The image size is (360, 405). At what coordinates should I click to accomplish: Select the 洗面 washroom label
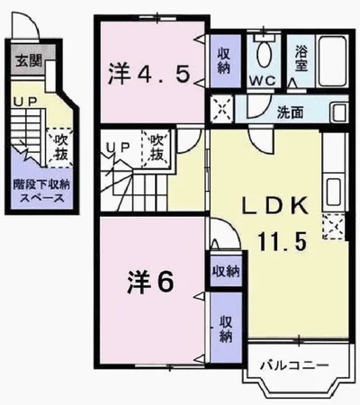pyautogui.click(x=289, y=114)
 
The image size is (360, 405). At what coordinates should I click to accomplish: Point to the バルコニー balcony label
pyautogui.click(x=292, y=364)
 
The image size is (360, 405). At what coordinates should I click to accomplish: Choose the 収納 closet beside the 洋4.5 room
pyautogui.click(x=223, y=58)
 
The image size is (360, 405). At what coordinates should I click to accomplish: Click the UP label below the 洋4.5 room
pyautogui.click(x=116, y=147)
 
